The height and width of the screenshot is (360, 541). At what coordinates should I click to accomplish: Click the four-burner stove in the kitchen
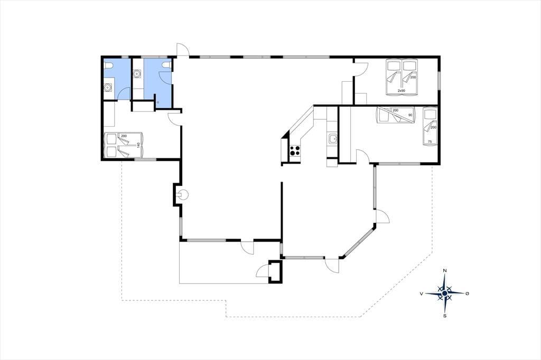[x=295, y=150]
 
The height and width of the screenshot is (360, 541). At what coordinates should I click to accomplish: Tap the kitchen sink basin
[x=333, y=139]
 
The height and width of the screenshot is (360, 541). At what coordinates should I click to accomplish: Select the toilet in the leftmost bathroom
[x=109, y=65]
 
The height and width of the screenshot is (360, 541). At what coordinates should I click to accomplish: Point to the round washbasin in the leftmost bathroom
[x=108, y=88]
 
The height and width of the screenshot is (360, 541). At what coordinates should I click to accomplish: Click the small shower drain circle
[x=157, y=102]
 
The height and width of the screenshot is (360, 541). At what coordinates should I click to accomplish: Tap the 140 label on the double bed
[x=139, y=145]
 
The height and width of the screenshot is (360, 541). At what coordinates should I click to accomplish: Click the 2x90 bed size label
[x=402, y=91]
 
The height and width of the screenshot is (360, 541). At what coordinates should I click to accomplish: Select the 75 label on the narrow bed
[x=430, y=141]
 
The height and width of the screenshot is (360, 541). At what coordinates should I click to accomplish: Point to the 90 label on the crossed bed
[x=410, y=115]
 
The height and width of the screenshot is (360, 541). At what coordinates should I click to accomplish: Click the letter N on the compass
[x=445, y=271]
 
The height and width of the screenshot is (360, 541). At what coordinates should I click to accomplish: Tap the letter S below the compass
[x=445, y=316]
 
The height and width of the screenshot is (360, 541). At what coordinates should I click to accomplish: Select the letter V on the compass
[x=422, y=293]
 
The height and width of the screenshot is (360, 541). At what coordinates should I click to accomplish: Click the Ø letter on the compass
[x=467, y=293]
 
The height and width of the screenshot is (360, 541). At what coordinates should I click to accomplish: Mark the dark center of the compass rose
[x=445, y=293]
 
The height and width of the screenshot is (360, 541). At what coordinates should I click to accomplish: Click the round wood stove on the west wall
[x=183, y=195]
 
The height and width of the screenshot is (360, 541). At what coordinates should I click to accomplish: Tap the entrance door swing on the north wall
[x=182, y=49]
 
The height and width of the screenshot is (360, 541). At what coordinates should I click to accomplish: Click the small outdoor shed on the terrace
[x=275, y=271]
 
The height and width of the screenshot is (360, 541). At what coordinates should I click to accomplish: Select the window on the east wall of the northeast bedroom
[x=439, y=81]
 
